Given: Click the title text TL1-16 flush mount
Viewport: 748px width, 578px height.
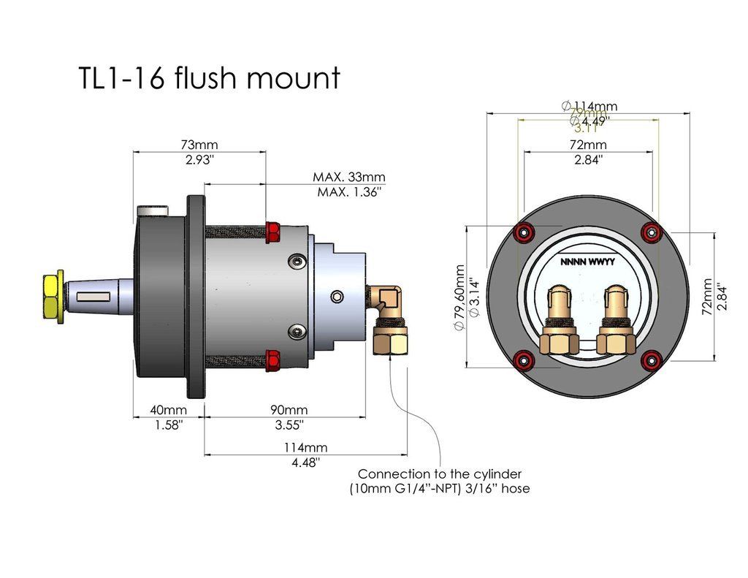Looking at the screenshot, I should coord(209,78).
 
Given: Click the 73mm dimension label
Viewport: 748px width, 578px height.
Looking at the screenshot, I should coord(199,145).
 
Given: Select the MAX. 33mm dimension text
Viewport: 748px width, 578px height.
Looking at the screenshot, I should coord(348,177).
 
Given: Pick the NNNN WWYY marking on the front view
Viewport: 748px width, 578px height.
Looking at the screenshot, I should coord(588,261).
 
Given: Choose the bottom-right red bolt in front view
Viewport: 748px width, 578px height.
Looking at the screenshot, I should coord(651,359).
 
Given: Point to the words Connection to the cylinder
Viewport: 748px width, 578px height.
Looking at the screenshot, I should coord(440,474).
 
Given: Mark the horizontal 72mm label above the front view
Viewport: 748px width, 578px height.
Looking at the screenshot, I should coord(588,145).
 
